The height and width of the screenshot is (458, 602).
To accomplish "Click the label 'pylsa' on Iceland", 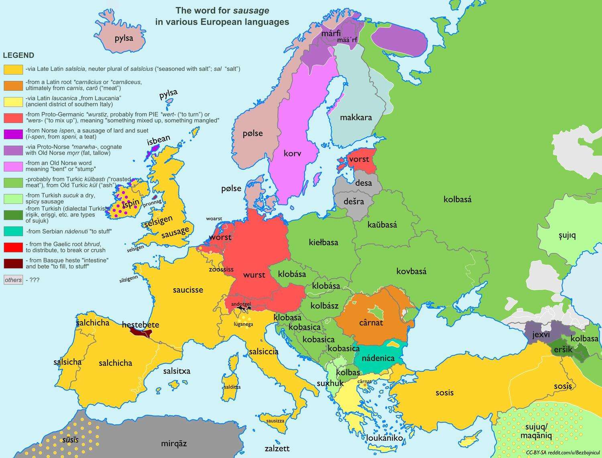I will (x=124, y=39).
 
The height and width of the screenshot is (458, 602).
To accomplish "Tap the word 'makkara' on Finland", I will (x=356, y=117).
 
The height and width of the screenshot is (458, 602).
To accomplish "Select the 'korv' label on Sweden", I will (x=292, y=153).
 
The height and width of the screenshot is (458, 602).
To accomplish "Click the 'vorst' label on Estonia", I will (x=359, y=159).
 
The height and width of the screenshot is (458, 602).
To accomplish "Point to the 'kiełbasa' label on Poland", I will (x=323, y=242).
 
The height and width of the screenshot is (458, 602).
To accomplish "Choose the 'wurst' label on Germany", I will (x=254, y=275).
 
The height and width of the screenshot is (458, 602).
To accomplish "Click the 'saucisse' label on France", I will (x=188, y=289).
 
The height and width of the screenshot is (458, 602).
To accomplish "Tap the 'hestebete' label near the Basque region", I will (x=140, y=325).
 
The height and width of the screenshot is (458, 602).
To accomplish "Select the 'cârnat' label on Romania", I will (x=371, y=322).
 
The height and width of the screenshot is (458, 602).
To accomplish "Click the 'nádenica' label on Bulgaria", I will (x=378, y=358).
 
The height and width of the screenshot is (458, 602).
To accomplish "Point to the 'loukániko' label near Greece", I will (x=384, y=438).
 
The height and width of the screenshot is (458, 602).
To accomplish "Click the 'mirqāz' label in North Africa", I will (x=174, y=444).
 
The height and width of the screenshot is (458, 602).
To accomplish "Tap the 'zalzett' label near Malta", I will (x=277, y=448).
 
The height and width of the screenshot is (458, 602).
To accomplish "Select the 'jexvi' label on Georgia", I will (x=541, y=334).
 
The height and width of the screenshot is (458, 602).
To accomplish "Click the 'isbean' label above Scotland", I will (x=159, y=140).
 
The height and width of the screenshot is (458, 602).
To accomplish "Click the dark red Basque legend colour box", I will (x=13, y=263).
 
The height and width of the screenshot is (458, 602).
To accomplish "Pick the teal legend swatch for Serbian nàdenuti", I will (x=13, y=231).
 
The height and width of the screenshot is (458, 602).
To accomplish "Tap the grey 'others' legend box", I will (x=13, y=280).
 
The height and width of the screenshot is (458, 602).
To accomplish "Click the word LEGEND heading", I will (x=18, y=55).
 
